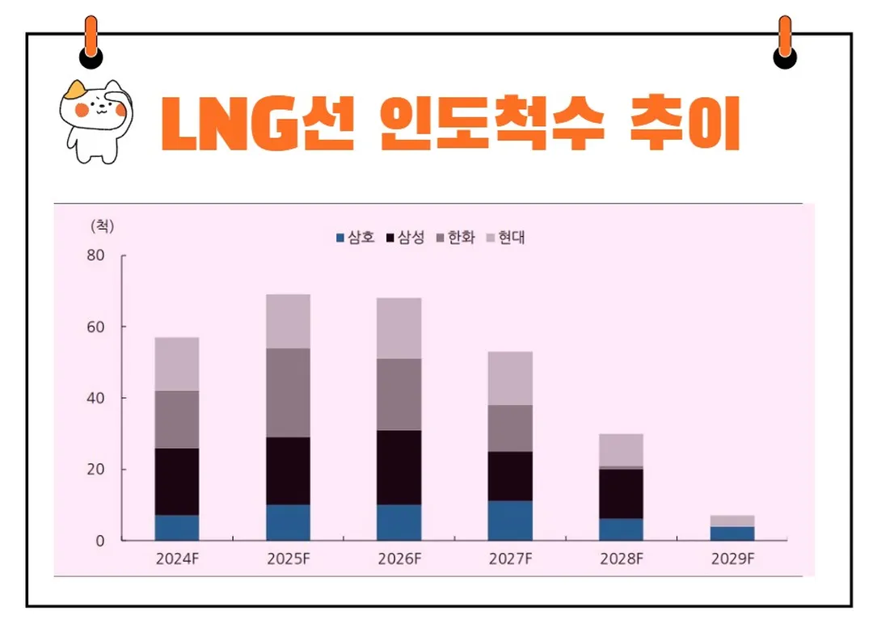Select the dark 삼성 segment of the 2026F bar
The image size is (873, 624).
pyautogui.click(x=399, y=467)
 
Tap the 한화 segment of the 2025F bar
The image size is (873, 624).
pyautogui.click(x=288, y=393)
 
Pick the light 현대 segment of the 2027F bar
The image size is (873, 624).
pyautogui.click(x=509, y=378)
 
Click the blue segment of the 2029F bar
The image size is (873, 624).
pyautogui.click(x=732, y=533)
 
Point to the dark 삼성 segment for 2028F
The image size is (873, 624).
pyautogui.click(x=621, y=493)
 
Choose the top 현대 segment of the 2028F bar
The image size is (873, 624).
pyautogui.click(x=621, y=450)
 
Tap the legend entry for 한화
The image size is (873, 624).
pyautogui.click(x=456, y=238)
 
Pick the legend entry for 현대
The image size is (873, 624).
pyautogui.click(x=506, y=238)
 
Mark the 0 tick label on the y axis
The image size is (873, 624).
pyautogui.click(x=100, y=541)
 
